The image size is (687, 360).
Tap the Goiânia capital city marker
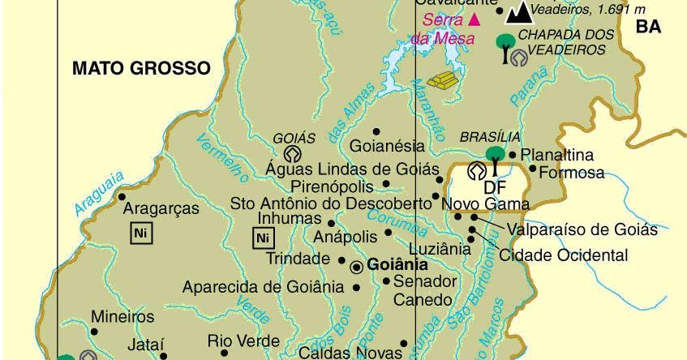pyautogui.click(x=357, y=266)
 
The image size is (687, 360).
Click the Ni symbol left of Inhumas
pyautogui.click(x=261, y=238)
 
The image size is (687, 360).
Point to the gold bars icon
pyautogui.click(x=442, y=80)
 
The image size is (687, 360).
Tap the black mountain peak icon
pyautogui.click(x=517, y=12)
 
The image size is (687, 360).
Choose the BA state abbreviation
pyautogui.click(x=648, y=27)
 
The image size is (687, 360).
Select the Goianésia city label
pyautogui.click(x=388, y=147)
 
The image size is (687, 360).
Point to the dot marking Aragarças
pyautogui.click(x=122, y=196)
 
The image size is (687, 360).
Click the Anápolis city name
pyautogui.click(x=345, y=236)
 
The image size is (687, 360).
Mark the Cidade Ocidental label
pyautogui.click(x=564, y=255)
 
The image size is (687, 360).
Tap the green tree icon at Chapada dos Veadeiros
pyautogui.click(x=505, y=41)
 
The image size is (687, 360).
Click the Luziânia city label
pyautogui.click(x=440, y=249)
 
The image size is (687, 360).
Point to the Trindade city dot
pyautogui.click(x=342, y=259)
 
